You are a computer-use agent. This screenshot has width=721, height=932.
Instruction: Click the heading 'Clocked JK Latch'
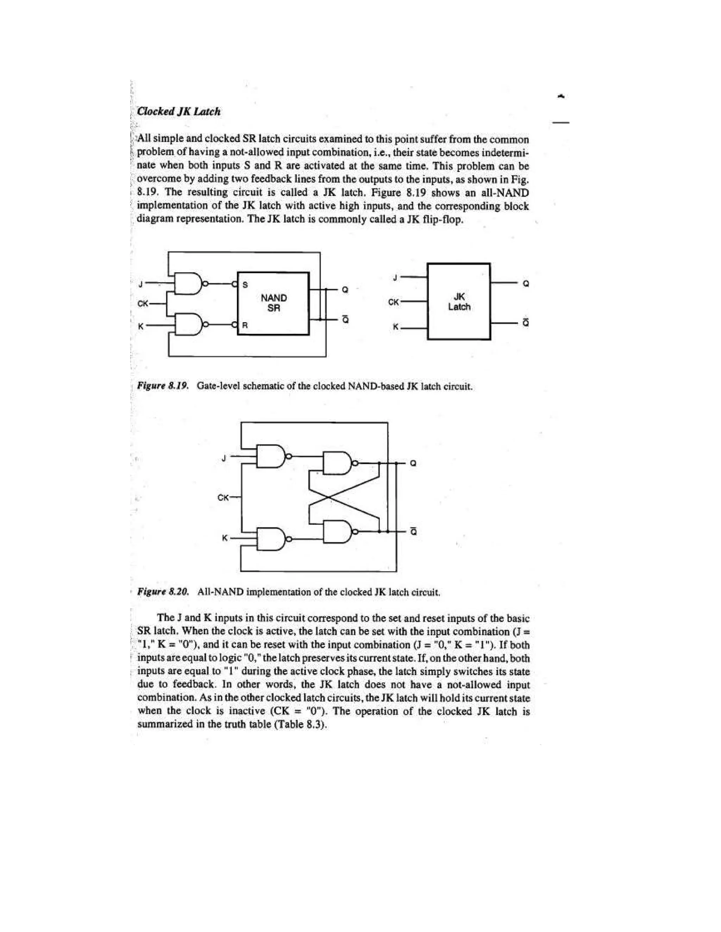[178, 112]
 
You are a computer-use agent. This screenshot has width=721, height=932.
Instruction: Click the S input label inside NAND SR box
[245, 285]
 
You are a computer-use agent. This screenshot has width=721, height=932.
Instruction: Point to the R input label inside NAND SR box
[245, 325]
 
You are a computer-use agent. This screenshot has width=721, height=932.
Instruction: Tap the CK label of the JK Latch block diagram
[394, 302]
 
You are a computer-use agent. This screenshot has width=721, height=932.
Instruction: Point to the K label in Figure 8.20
[224, 538]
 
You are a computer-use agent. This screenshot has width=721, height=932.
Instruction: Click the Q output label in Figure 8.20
[413, 464]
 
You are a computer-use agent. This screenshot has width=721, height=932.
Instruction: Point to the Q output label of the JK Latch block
[526, 283]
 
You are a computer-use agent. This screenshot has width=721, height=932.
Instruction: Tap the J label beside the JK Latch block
[395, 278]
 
